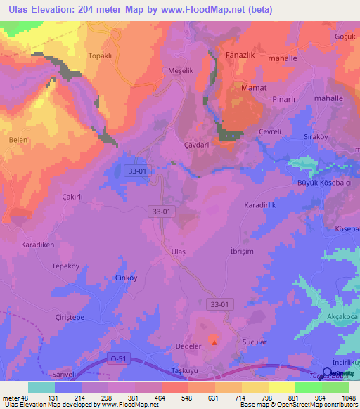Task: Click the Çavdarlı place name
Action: click(197, 145)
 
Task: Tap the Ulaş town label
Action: click(179, 252)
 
